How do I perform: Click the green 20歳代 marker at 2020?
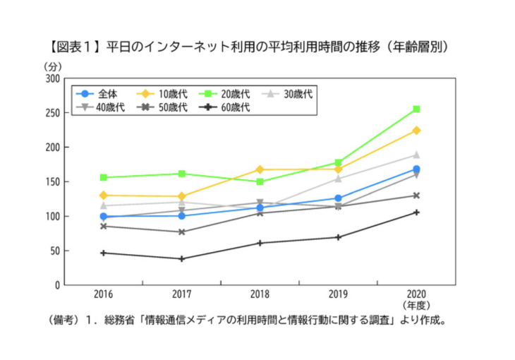[416, 109]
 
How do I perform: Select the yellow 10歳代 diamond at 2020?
[416, 131]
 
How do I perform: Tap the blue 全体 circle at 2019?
[338, 198]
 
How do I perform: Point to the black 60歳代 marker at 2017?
[182, 259]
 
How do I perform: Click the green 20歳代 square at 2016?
[104, 177]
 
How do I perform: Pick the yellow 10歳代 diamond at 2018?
[260, 169]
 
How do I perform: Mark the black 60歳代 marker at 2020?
[416, 212]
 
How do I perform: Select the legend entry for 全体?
[99, 94]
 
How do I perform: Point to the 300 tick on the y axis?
[51, 78]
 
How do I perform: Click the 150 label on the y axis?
[51, 182]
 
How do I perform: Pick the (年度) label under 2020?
[416, 306]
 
